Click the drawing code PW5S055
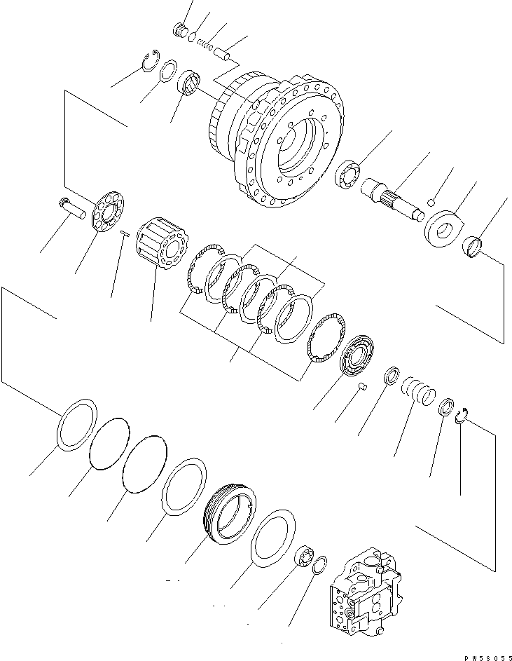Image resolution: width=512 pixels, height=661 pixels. pos(488,657)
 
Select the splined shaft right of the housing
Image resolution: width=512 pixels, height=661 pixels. pos(394,198)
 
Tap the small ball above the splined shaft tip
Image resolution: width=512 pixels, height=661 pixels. pos(431,203)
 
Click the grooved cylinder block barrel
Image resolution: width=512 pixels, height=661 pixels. pos(163,243)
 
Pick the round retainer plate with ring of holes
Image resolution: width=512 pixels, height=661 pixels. pos(108,211)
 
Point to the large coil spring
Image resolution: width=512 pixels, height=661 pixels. pos(418,391)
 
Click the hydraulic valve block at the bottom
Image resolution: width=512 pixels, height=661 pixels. pos(366,604)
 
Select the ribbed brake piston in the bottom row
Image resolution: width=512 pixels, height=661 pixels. pos(229,514)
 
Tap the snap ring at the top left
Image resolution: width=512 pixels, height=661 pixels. pos(151,60)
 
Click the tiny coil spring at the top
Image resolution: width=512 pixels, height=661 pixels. pos(205,43)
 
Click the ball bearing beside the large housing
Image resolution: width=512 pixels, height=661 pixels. pos(349,174)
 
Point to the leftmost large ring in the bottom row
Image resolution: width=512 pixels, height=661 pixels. pos(76,425)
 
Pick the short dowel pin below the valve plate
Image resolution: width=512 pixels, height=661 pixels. pos(362,386)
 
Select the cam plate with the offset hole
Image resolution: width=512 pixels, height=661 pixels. pos(443,228)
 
